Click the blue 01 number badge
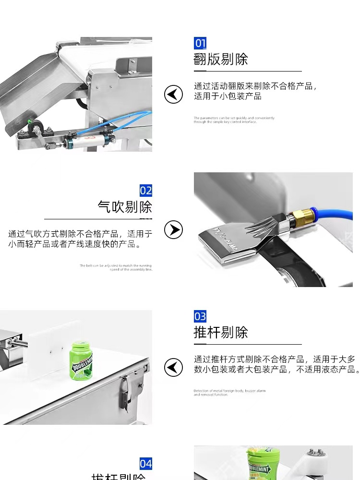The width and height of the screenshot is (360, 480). [200, 43]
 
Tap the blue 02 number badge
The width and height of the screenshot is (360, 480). [146, 191]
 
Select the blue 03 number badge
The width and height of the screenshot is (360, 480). [200, 316]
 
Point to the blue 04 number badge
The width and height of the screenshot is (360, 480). [146, 464]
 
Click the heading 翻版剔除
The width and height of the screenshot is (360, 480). [221, 60]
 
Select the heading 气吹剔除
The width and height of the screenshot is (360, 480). [125, 207]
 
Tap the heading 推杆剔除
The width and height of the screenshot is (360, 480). [221, 333]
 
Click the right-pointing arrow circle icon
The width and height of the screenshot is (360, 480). [173, 230]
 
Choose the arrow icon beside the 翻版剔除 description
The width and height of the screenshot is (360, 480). [173, 94]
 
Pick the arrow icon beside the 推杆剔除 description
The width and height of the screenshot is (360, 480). [173, 367]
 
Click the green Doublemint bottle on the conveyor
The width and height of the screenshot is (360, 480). [81, 361]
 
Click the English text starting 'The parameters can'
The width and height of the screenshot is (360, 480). [234, 120]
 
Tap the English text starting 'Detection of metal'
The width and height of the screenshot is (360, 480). [229, 393]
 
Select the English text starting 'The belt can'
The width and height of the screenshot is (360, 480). [116, 267]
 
